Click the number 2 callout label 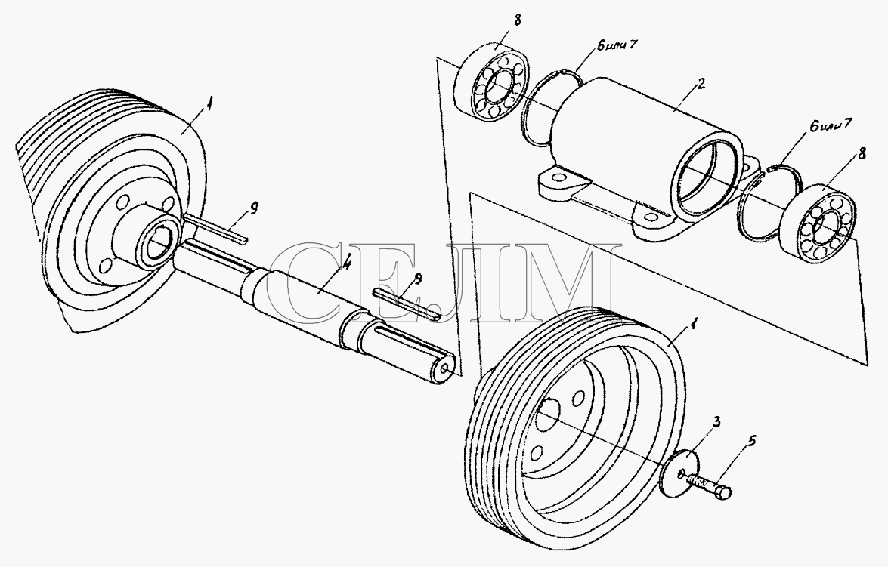[701, 85]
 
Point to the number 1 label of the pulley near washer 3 [692, 325]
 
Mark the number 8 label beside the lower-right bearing [862, 153]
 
